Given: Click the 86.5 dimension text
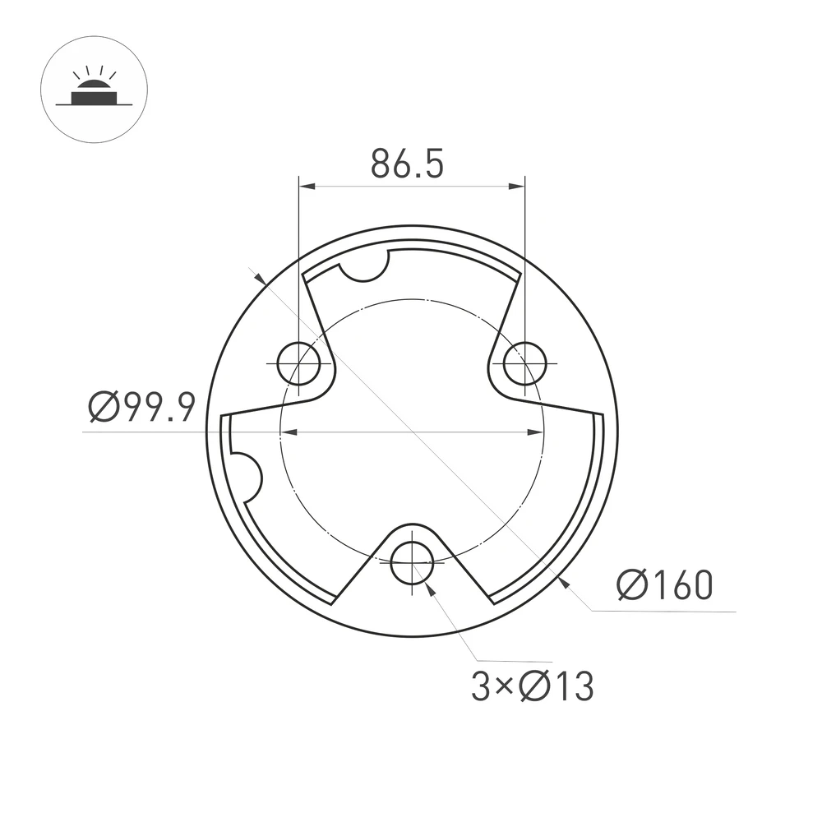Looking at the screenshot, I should click(x=407, y=164).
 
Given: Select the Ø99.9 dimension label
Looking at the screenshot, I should click(x=141, y=406).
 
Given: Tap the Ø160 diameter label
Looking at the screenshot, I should click(x=664, y=586).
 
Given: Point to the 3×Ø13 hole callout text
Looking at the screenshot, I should click(x=532, y=686).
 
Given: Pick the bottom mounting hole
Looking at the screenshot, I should click(x=412, y=563).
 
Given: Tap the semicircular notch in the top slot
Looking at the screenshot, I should click(x=364, y=267).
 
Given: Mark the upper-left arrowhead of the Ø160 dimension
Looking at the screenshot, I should click(x=260, y=280).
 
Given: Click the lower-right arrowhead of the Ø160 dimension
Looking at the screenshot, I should click(x=563, y=582).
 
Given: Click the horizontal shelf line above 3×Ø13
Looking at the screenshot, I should click(x=514, y=661).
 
